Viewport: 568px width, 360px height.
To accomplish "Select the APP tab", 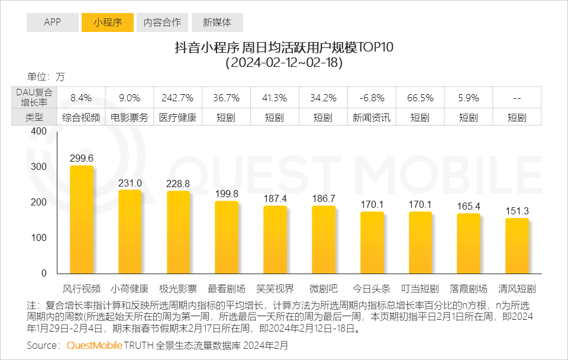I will [x=52, y=22].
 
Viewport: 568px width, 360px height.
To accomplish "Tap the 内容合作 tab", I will [x=163, y=22].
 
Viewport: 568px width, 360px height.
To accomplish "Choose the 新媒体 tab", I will [x=217, y=22].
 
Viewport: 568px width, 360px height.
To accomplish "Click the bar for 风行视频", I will [x=81, y=220].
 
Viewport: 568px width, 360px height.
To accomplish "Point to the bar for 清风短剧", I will [x=517, y=246].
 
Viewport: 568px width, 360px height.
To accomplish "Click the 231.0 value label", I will [x=130, y=184].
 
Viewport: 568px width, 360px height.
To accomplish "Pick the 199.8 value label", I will [x=227, y=194].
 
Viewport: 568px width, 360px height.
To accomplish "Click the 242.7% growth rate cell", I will [x=178, y=97].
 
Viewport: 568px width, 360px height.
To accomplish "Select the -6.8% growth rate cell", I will [x=372, y=97].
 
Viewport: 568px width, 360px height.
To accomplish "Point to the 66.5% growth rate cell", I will [x=420, y=97].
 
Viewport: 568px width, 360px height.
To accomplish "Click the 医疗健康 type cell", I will [x=178, y=117].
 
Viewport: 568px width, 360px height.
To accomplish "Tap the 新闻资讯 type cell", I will [x=372, y=117].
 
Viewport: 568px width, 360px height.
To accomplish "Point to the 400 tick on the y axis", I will [x=39, y=131].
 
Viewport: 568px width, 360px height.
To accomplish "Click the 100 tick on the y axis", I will [x=39, y=238].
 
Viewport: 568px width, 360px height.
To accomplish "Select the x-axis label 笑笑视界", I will [x=275, y=289].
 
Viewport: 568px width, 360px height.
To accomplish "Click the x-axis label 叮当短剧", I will [x=420, y=289].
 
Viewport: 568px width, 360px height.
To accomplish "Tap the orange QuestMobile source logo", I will [x=94, y=345].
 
